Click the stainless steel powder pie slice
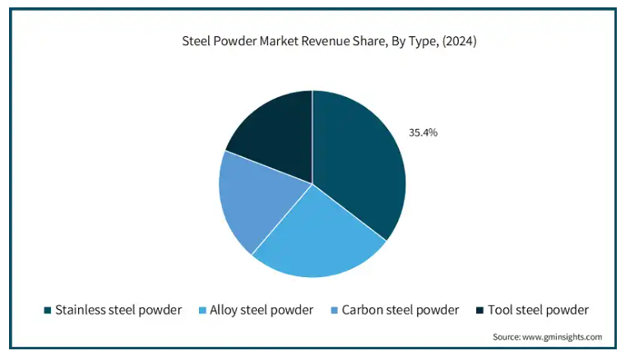coord(358,164)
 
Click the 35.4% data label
coord(423,132)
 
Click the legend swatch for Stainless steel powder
coord(48,311)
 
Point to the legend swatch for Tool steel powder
coord(479,311)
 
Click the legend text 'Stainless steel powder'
coord(118,310)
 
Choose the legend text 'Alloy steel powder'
coord(262,310)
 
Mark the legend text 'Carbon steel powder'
coord(401,310)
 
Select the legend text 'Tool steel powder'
coord(538,310)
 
